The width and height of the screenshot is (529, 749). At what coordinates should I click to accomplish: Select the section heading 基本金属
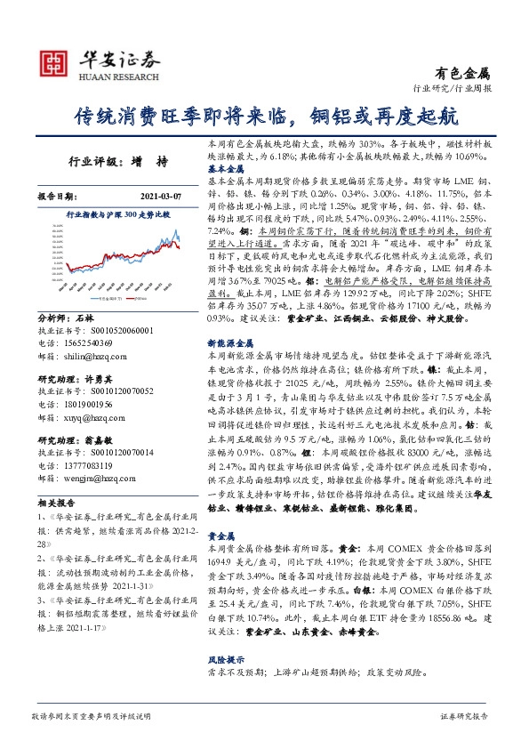[x=227, y=167]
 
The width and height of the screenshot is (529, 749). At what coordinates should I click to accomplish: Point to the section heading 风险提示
[x=227, y=660]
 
